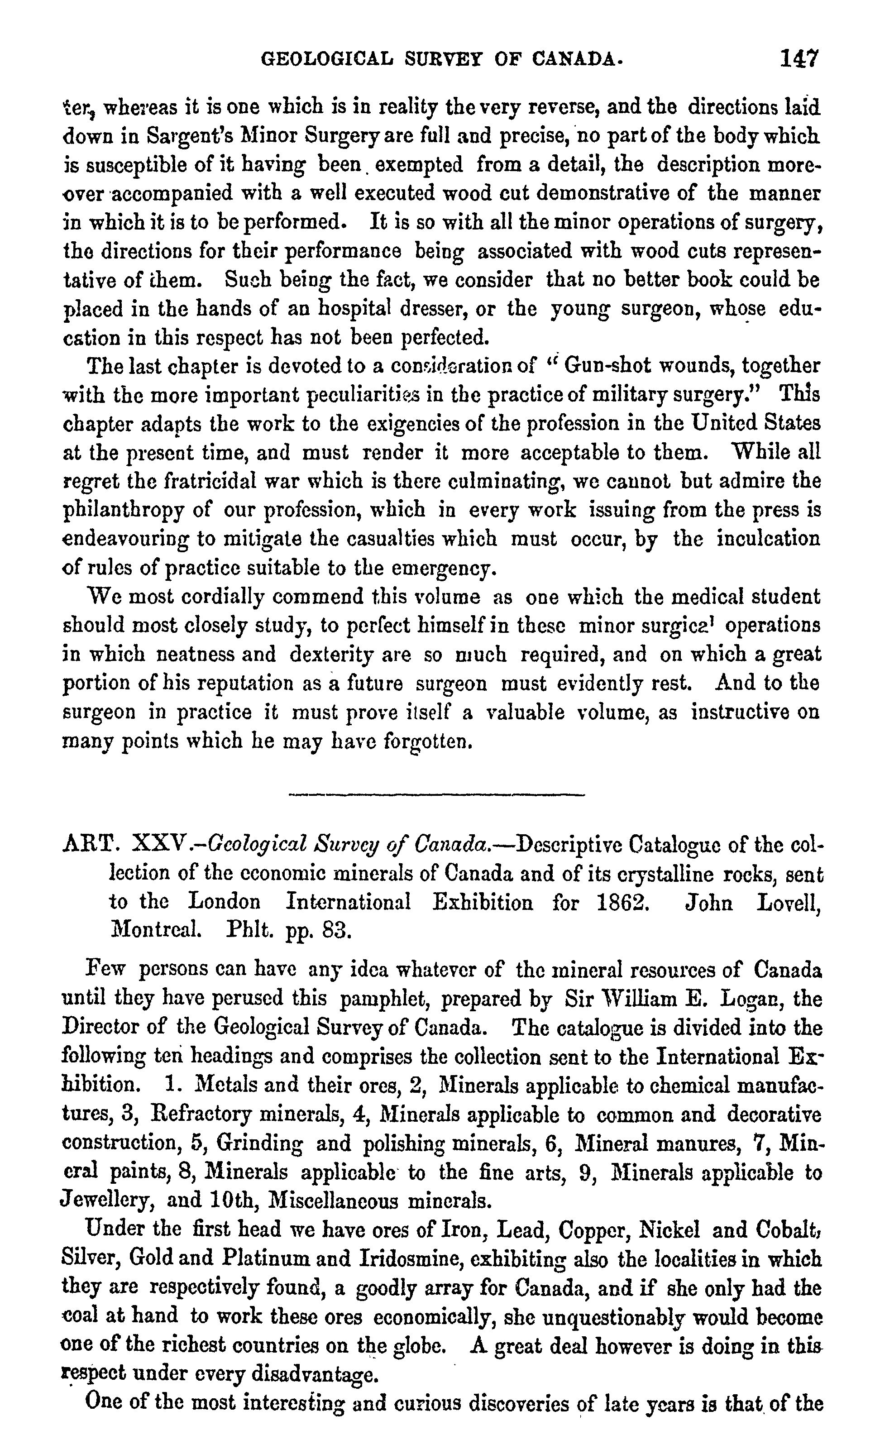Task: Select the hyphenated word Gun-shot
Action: click(600, 366)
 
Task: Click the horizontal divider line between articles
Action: click(436, 795)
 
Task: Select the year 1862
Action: click(619, 902)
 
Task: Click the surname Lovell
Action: click(789, 902)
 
